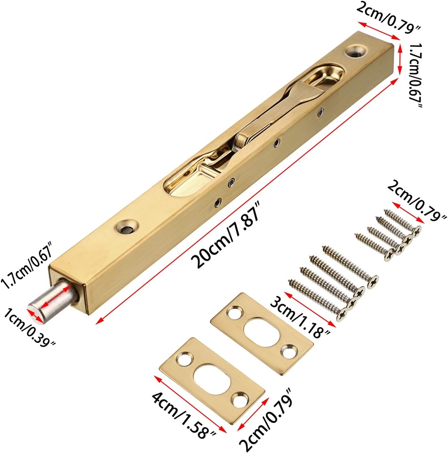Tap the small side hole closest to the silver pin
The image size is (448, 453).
point(217,203)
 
